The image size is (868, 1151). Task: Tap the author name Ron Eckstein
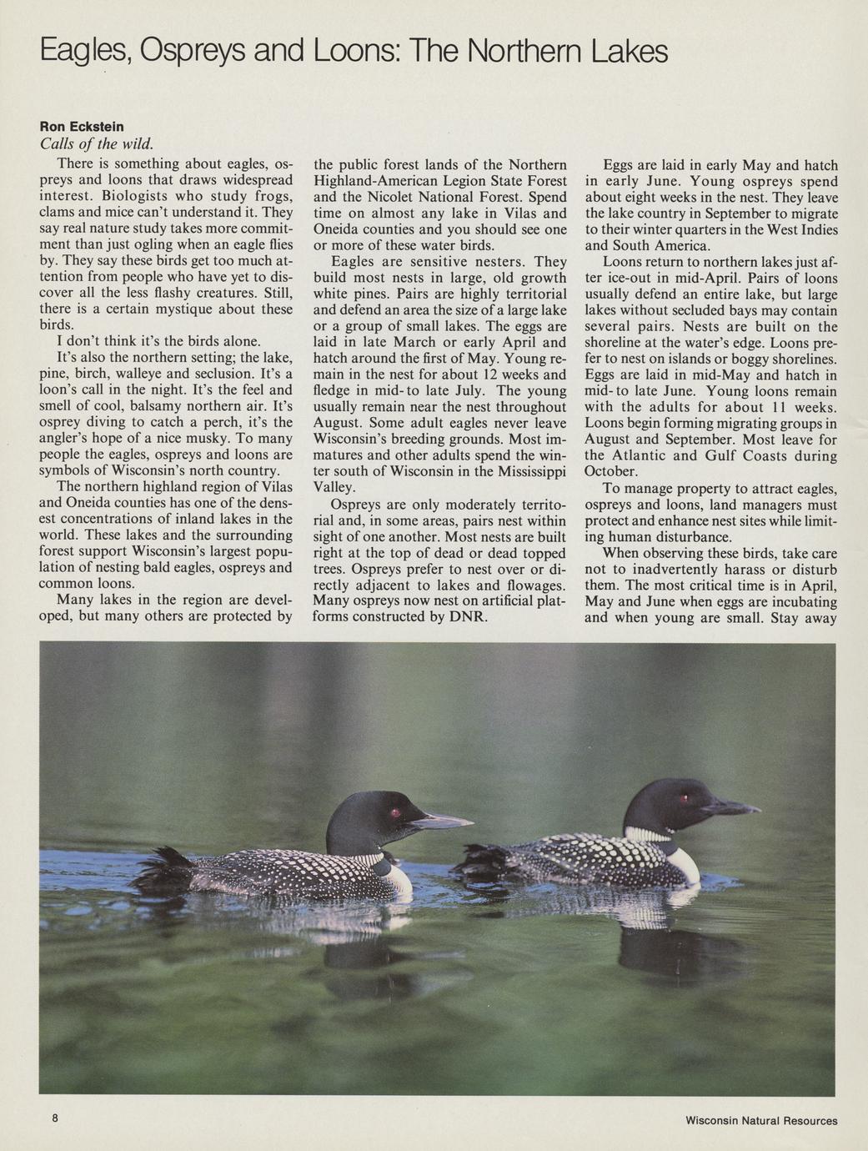tap(82, 127)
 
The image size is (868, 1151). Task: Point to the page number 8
tap(55, 1118)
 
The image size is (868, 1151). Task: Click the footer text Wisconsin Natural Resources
tap(760, 1120)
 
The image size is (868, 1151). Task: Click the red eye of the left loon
tap(395, 812)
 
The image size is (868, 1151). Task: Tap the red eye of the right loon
tap(685, 798)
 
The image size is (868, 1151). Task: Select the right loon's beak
tap(730, 807)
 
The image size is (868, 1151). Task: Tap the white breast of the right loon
tap(685, 865)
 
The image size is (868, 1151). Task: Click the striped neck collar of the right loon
tap(649, 833)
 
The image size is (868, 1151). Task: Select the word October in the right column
tap(611, 472)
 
